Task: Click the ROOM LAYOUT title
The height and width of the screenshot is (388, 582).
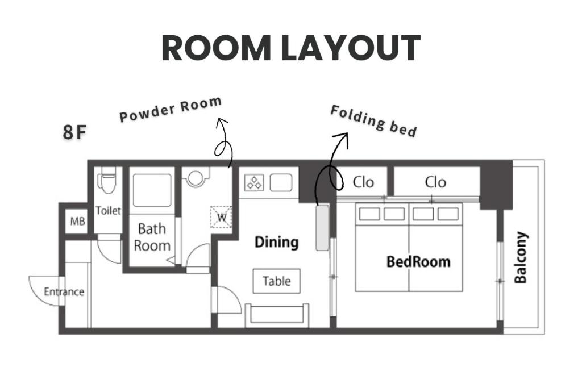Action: tap(291, 48)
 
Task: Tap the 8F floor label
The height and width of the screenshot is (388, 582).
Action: tap(74, 132)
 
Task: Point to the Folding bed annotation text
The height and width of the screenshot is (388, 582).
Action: tap(373, 121)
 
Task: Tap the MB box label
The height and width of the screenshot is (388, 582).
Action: tap(77, 222)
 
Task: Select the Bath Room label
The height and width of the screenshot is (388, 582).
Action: tap(152, 237)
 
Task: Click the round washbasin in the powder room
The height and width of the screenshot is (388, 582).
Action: tap(196, 177)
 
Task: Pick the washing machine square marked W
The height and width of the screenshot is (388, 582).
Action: tap(221, 217)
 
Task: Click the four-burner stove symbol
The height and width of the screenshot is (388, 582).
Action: tap(254, 182)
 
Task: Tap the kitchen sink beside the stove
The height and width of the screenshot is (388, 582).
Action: tap(281, 182)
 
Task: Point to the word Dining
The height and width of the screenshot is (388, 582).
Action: tap(277, 242)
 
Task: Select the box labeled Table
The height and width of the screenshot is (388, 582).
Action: tap(277, 281)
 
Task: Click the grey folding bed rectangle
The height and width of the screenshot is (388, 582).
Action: tap(322, 227)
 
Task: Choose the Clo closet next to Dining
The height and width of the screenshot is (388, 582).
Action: tap(363, 182)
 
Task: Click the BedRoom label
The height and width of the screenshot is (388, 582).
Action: tap(418, 262)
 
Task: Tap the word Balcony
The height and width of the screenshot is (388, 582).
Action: tap(521, 257)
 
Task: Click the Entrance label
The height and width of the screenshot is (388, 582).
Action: tap(64, 291)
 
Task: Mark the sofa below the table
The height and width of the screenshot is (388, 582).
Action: tap(277, 315)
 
